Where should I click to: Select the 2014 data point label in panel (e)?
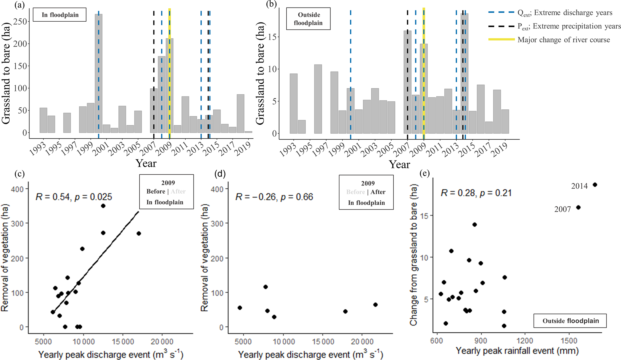579,186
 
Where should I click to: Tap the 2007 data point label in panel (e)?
562,209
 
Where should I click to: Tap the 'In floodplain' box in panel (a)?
60,15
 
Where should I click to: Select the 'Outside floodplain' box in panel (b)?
308,19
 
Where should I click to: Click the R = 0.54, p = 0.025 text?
74,197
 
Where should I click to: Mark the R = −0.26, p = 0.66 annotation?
274,197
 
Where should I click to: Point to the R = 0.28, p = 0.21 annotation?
476,193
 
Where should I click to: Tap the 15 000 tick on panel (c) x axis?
122,342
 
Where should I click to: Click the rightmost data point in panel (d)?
375,305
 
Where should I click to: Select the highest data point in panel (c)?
103,206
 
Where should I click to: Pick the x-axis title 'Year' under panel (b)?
399,164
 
